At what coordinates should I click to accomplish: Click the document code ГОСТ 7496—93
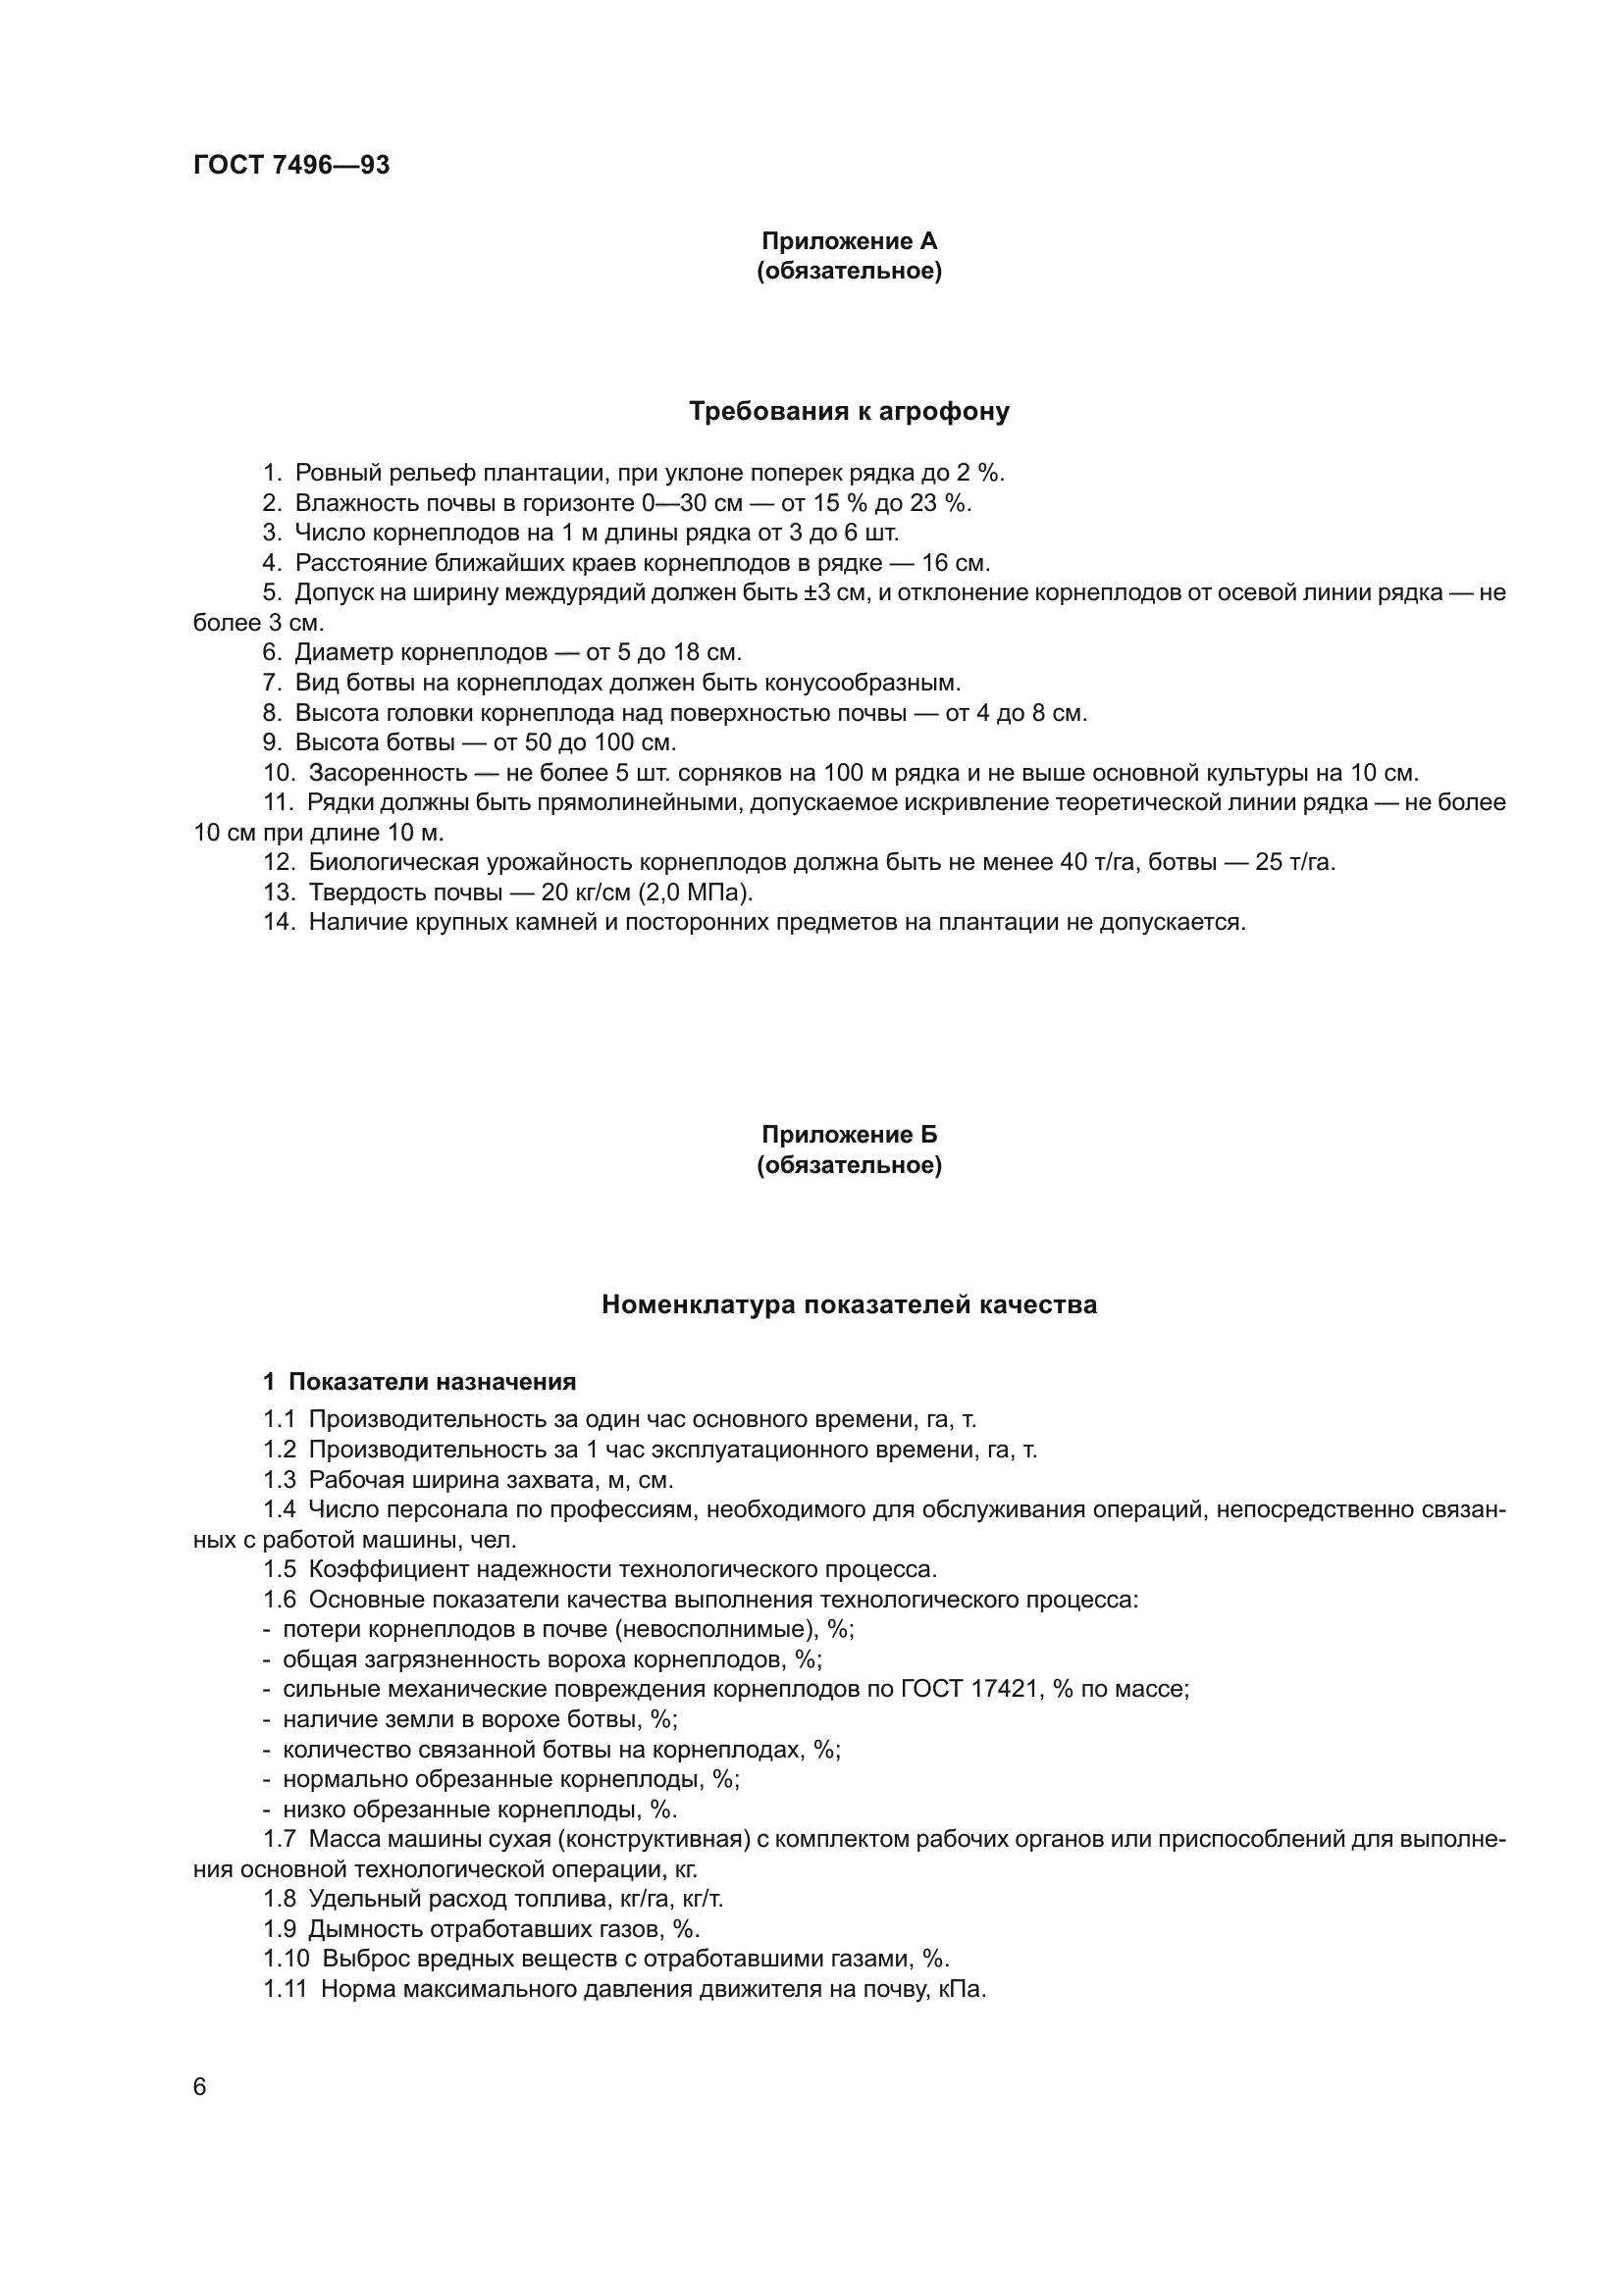pyautogui.click(x=290, y=165)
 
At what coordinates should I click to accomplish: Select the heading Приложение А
pyautogui.click(x=849, y=241)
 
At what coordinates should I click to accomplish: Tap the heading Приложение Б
pyautogui.click(x=849, y=1134)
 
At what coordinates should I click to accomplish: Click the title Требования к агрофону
pyautogui.click(x=849, y=412)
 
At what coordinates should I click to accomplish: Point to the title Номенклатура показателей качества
pyautogui.click(x=849, y=1304)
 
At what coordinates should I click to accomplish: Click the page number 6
pyautogui.click(x=200, y=2087)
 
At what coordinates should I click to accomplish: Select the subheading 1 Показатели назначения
pyautogui.click(x=420, y=1382)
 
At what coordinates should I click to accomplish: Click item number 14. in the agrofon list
pyautogui.click(x=279, y=922)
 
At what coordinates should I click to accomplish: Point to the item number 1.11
pyautogui.click(x=285, y=1989)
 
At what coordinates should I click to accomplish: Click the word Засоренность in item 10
pyautogui.click(x=388, y=773)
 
